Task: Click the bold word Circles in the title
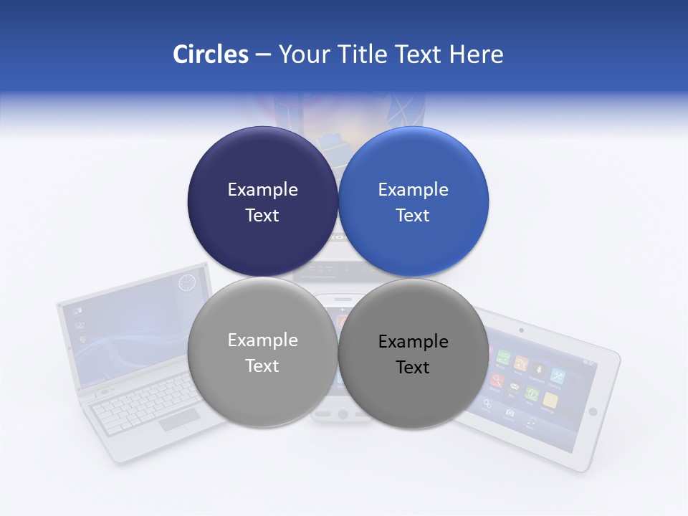[x=211, y=54]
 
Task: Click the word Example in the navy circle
[x=262, y=189]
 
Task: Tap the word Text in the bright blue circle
[x=413, y=215]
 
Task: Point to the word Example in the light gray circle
[x=262, y=340]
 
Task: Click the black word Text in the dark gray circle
[x=413, y=367]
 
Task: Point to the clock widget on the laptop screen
[x=188, y=282]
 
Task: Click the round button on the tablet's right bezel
[x=593, y=411]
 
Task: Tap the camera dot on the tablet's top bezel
[x=521, y=330]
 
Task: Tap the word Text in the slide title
[x=420, y=54]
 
